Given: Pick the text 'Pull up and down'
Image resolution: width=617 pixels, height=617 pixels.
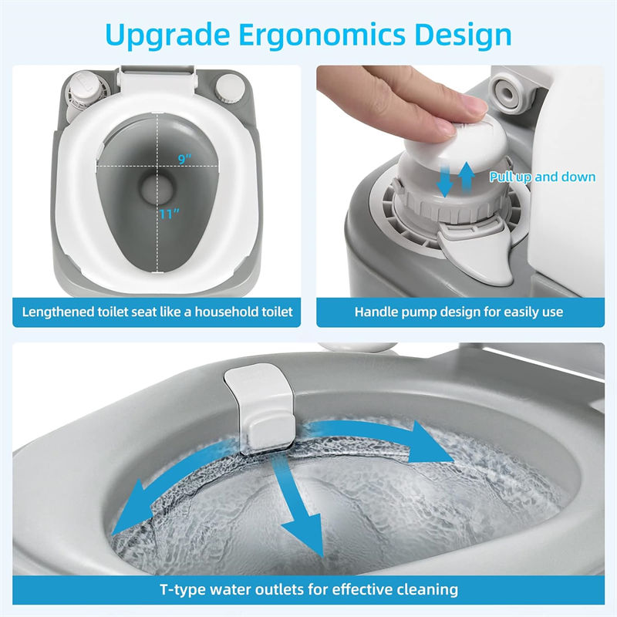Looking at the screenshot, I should point(542,177).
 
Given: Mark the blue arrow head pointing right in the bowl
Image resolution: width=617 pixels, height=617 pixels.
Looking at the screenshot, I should point(427,443).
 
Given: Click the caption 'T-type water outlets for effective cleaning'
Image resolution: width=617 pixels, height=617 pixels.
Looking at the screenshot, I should point(308,589).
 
